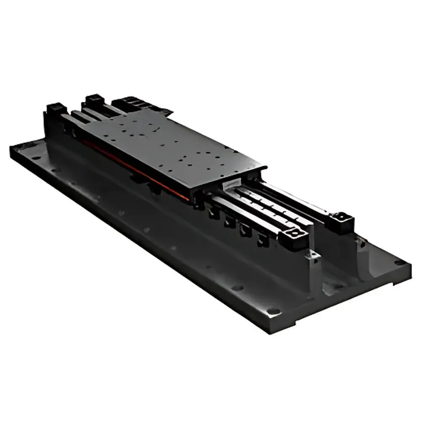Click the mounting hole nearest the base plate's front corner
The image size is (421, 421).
pyautogui.click(x=274, y=312)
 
